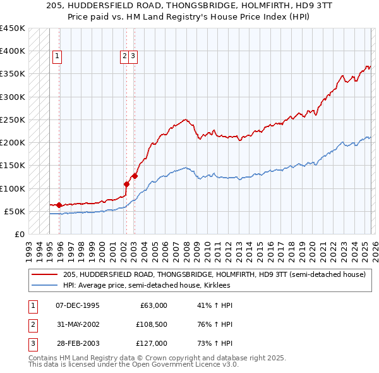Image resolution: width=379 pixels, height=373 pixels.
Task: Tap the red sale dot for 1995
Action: (x=59, y=205)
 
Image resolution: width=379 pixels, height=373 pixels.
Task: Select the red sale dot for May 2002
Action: (x=126, y=185)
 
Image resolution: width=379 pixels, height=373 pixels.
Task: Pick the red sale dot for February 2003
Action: (x=135, y=176)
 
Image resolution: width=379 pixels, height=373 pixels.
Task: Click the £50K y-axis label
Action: (x=15, y=211)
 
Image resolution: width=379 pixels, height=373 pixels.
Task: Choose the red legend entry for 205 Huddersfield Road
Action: (x=214, y=275)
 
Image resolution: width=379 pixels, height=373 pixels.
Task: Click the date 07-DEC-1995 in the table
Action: (x=77, y=305)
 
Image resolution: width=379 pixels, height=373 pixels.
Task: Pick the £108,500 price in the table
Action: (x=150, y=324)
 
